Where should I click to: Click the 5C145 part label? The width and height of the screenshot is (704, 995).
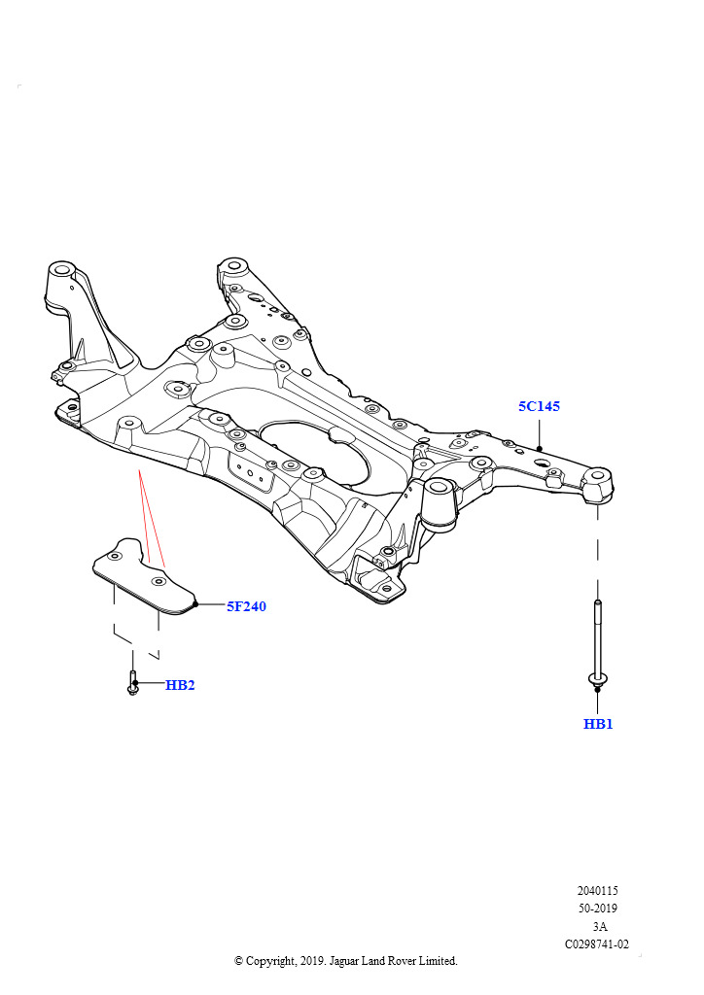pos(539,406)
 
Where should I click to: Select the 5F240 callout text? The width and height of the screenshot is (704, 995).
pos(246,606)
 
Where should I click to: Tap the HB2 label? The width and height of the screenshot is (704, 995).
pos(180,685)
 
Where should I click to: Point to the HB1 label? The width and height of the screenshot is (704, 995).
pos(598,723)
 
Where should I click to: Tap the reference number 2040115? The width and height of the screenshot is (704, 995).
pos(597,891)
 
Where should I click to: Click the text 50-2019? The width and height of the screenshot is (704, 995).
pos(597,909)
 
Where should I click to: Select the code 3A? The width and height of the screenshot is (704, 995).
pos(599,926)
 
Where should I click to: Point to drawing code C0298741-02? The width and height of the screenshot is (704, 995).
pos(597,944)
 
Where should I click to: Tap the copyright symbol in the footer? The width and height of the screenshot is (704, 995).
pos(238,961)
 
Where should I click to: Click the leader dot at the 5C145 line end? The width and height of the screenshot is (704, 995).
pos(539,449)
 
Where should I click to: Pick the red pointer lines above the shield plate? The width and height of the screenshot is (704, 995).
pos(150,517)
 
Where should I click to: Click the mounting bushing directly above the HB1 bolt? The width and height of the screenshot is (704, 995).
pos(598,486)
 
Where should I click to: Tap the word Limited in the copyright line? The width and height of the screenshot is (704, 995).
pos(437,961)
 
